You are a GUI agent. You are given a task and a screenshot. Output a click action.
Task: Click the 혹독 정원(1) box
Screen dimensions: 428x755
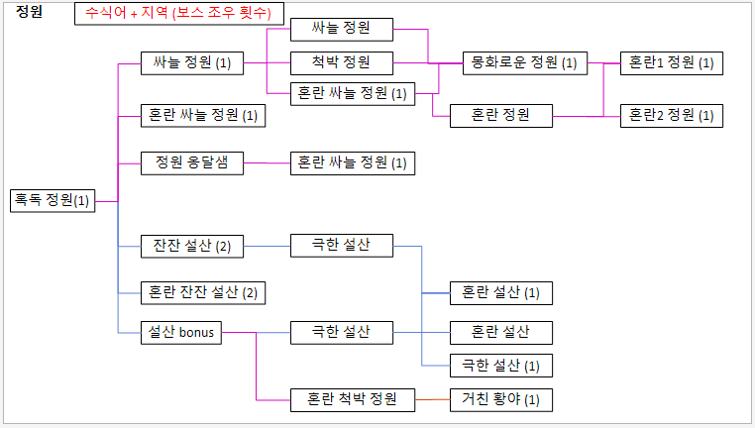point(51,200)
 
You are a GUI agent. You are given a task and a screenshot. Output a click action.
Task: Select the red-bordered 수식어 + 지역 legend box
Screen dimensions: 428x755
point(179,14)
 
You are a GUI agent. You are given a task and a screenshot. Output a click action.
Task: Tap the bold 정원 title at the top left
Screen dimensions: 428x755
point(30,12)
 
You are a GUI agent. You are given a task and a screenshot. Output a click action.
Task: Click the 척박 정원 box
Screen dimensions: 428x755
point(343,62)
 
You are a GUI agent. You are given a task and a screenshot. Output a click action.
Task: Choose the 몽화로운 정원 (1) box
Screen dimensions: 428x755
point(524,62)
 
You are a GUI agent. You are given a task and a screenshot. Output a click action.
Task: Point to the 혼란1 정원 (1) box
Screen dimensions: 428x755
point(671,62)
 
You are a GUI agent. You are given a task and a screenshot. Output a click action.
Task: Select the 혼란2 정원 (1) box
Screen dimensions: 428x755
point(671,115)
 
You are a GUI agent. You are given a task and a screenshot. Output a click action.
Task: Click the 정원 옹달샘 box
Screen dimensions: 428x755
point(192,161)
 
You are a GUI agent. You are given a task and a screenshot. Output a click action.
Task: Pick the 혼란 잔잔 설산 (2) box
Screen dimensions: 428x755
point(203,292)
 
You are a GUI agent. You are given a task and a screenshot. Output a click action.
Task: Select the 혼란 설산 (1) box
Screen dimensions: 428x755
point(500,292)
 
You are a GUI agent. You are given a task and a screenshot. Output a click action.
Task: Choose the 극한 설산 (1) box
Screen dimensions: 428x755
point(500,366)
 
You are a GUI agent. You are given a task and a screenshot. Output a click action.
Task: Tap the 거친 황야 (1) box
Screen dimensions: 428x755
point(500,400)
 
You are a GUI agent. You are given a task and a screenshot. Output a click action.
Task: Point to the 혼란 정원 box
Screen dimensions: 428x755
point(500,115)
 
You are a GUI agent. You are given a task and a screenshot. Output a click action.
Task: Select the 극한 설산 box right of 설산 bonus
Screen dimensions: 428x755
point(343,333)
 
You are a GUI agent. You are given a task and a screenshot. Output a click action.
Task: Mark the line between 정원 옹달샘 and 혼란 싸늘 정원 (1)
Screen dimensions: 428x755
point(267,162)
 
